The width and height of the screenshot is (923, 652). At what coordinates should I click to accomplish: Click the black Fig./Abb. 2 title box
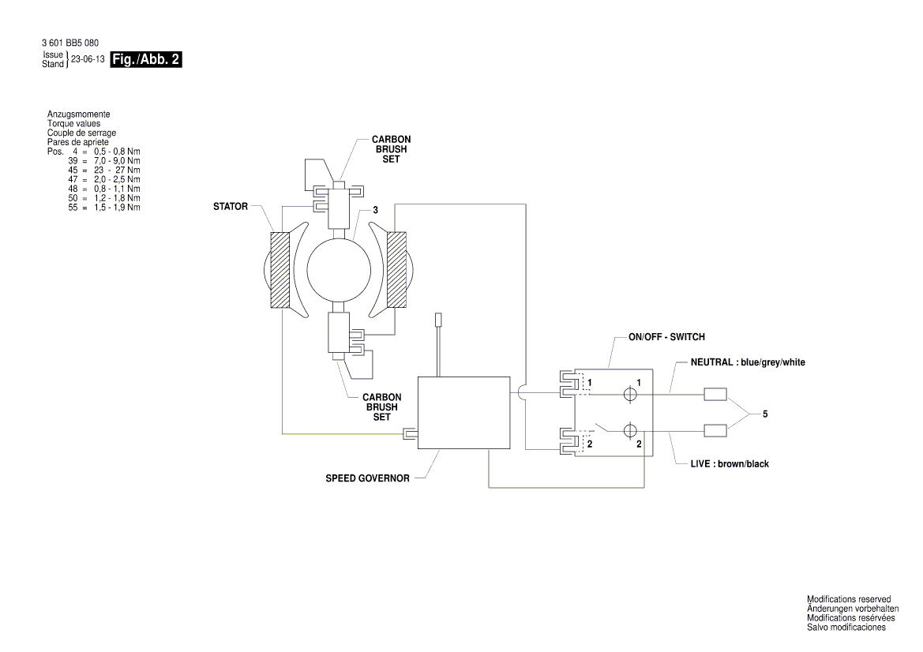[147, 59]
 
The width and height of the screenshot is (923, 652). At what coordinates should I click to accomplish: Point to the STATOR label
[231, 207]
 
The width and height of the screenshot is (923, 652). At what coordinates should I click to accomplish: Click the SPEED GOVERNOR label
[367, 478]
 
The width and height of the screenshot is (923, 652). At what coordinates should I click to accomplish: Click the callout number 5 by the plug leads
[764, 414]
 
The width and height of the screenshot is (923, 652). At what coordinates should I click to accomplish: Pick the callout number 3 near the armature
[376, 210]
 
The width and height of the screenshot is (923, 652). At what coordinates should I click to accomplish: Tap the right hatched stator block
[396, 269]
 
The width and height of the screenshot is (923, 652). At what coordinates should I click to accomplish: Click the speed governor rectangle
[463, 412]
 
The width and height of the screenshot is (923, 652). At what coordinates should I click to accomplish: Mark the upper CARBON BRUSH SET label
[391, 148]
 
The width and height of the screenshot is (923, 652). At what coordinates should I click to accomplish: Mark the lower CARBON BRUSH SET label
[381, 407]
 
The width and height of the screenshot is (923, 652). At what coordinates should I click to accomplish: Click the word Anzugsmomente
[78, 115]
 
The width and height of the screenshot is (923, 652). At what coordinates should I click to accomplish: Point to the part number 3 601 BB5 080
[70, 43]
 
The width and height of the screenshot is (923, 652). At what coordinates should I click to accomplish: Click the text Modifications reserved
[849, 599]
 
